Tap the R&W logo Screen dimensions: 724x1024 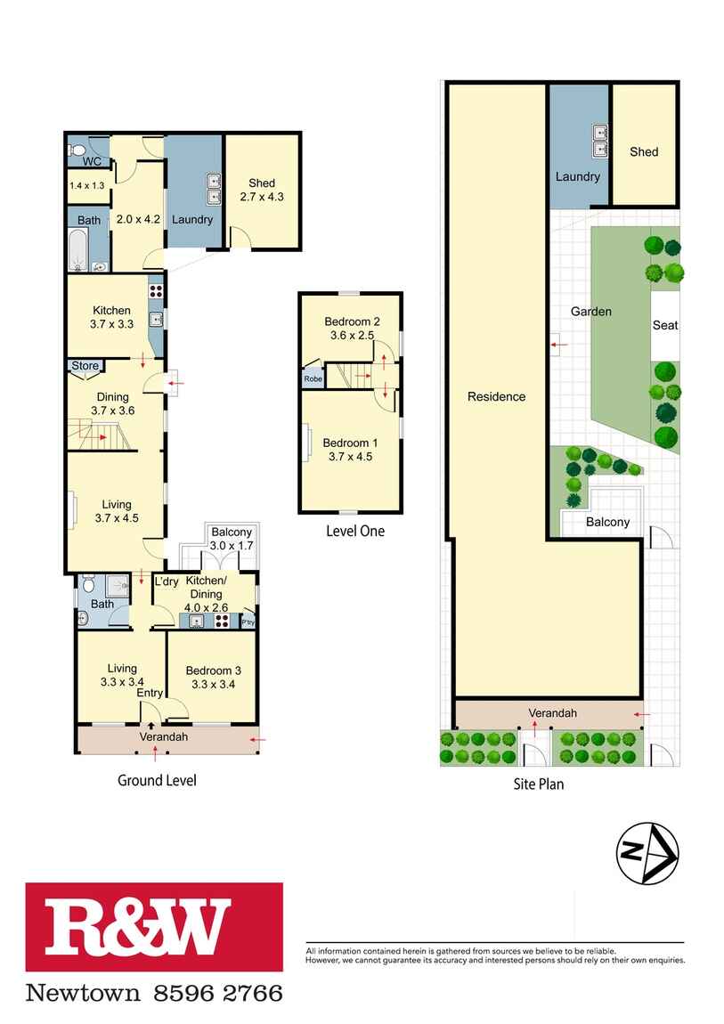pyautogui.click(x=154, y=927)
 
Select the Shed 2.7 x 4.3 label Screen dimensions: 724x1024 pyautogui.click(x=262, y=190)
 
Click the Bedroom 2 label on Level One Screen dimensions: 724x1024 pyautogui.click(x=352, y=329)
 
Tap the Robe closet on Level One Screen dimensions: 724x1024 pyautogui.click(x=313, y=378)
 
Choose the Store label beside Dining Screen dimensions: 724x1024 pyautogui.click(x=85, y=366)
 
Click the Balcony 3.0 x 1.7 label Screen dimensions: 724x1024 pyautogui.click(x=232, y=539)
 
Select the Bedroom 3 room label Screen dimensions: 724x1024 pyautogui.click(x=213, y=678)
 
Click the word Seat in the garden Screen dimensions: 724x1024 pyautogui.click(x=665, y=325)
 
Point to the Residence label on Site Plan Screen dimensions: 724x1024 pyautogui.click(x=496, y=396)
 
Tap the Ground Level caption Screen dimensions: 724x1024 pyautogui.click(x=157, y=780)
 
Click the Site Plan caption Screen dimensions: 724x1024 pyautogui.click(x=539, y=784)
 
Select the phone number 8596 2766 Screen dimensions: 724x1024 pyautogui.click(x=218, y=994)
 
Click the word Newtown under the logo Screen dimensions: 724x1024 pyautogui.click(x=83, y=994)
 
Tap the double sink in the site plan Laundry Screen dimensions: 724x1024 pyautogui.click(x=599, y=142)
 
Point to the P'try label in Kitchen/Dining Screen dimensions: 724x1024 pyautogui.click(x=248, y=622)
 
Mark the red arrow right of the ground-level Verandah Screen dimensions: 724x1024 pyautogui.click(x=258, y=740)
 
